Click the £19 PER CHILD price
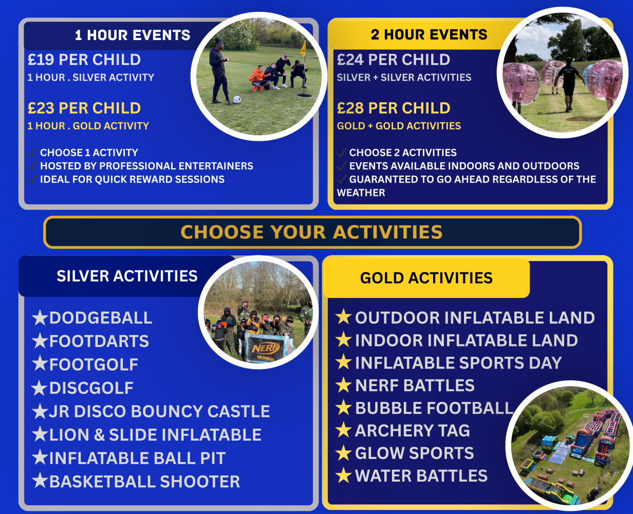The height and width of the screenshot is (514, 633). pos(84,60)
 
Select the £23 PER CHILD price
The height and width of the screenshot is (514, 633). pos(84,108)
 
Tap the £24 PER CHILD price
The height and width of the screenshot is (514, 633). pos(394,60)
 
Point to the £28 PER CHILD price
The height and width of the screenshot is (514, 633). pos(394,108)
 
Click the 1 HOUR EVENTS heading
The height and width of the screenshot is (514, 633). pos(133,35)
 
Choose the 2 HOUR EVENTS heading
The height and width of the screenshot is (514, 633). pos(429,34)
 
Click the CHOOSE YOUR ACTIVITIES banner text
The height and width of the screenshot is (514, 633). pos(311,232)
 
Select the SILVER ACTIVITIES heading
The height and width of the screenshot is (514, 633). pos(127,276)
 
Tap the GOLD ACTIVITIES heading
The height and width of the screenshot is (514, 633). pos(426,278)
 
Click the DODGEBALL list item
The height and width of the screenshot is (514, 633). pos(101,318)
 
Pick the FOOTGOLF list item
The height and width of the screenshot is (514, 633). pos(94,364)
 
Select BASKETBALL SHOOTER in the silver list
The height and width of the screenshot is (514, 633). pos(144,482)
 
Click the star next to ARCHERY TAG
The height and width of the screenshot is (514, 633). pos(343,430)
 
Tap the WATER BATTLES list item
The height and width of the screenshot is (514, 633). pos(421,476)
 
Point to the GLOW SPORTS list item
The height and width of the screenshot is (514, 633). pos(414,453)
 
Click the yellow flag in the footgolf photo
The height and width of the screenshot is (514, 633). pos(303,49)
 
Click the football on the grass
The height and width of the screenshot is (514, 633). pos(237,99)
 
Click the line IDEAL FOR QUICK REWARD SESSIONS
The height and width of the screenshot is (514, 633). pos(132,179)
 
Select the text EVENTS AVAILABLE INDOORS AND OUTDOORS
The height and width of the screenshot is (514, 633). pos(464,166)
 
